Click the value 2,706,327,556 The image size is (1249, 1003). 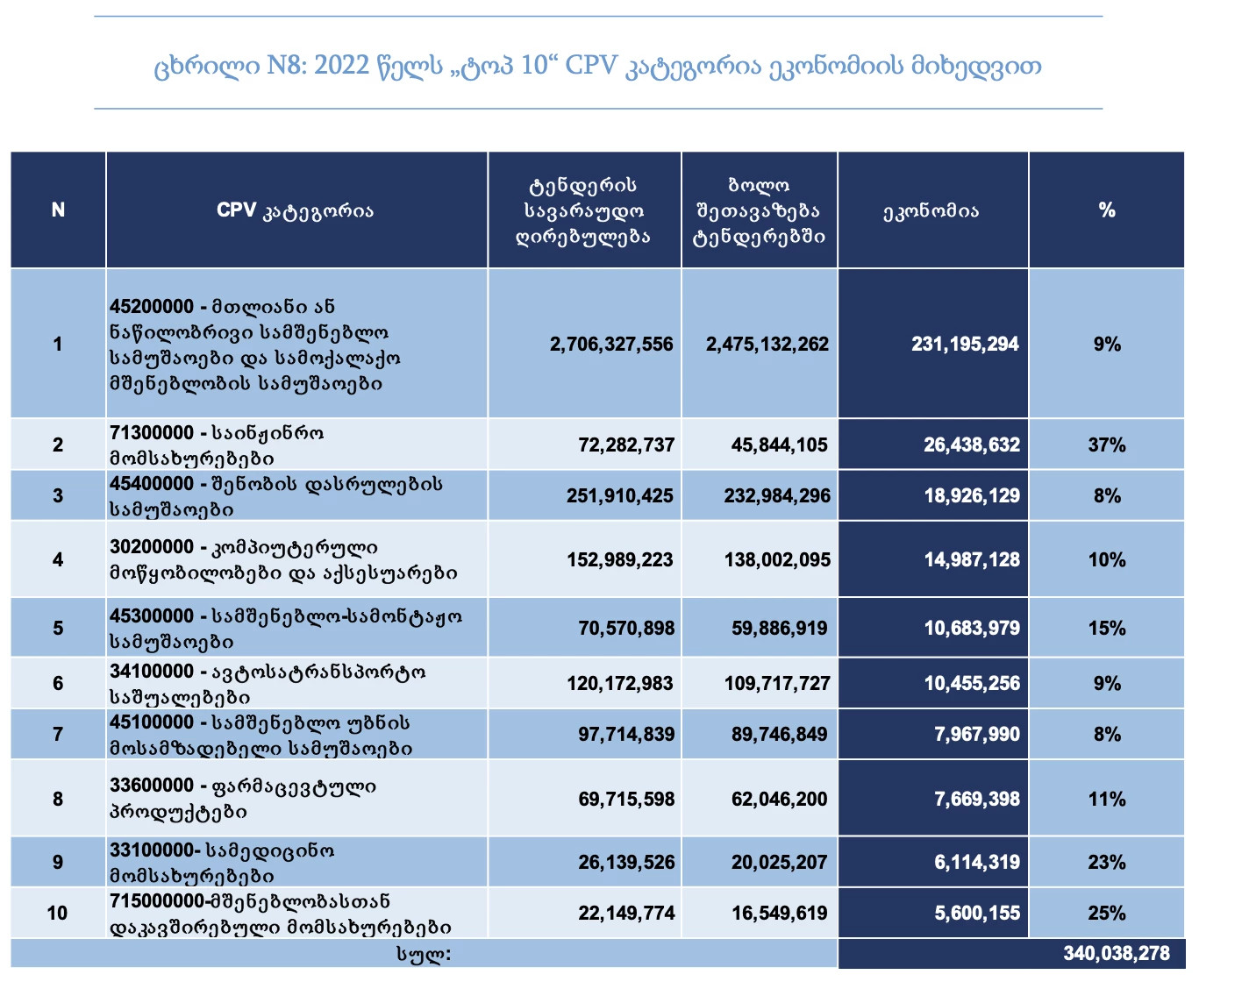[611, 344]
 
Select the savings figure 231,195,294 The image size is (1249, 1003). [965, 344]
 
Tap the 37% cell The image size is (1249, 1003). [1106, 445]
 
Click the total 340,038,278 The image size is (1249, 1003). [1116, 953]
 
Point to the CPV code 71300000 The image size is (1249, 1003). [152, 433]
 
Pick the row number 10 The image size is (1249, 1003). [58, 913]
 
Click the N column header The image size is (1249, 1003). [58, 210]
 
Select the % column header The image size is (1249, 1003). [1107, 210]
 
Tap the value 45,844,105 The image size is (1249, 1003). [779, 445]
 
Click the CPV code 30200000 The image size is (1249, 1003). [152, 546]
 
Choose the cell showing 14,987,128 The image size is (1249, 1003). [972, 559]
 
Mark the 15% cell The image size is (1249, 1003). [1106, 629]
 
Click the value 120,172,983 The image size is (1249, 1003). [620, 683]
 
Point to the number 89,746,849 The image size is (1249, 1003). [779, 735]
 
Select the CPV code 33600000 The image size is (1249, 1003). [152, 785]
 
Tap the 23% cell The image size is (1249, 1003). [1106, 862]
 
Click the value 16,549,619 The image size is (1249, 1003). [779, 913]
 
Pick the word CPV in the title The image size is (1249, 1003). [591, 66]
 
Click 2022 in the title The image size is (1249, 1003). [341, 66]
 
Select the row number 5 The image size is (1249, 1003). [58, 629]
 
